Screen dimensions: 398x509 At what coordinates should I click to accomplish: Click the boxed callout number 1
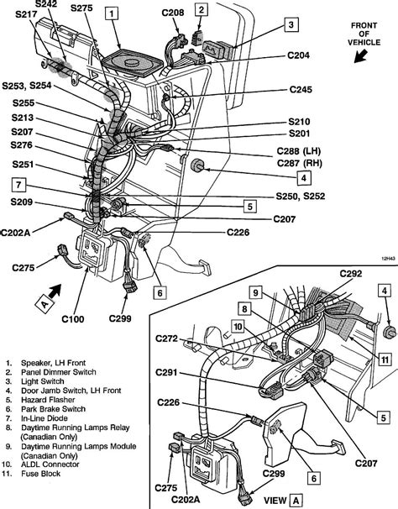point(112,14)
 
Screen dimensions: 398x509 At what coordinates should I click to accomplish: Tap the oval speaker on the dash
point(132,63)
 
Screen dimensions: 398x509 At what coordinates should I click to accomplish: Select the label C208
point(173,13)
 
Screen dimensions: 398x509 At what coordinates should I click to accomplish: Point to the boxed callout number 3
point(291,24)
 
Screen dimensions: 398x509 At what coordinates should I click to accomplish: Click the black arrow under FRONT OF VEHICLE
point(360,56)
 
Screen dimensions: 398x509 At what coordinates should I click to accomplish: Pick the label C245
point(301,89)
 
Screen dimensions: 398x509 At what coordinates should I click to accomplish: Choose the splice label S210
point(299,122)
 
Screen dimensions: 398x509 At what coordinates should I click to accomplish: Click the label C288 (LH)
point(299,151)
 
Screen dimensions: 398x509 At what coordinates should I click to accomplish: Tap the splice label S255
point(24,103)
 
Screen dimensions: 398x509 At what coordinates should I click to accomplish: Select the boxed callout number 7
point(18,185)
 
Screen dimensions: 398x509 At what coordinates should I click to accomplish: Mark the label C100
point(73,319)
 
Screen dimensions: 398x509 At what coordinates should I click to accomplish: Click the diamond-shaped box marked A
point(45,304)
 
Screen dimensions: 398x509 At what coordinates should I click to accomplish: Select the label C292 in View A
point(351,274)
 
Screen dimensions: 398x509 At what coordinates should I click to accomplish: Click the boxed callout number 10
point(238,327)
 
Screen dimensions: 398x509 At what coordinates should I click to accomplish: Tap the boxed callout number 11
point(385,359)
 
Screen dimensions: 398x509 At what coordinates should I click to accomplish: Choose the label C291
point(167,372)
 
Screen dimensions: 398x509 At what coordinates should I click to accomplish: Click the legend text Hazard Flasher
point(48,400)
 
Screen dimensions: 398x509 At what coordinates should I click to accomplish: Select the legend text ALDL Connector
point(50,464)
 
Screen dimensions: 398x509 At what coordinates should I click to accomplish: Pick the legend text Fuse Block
point(41,474)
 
